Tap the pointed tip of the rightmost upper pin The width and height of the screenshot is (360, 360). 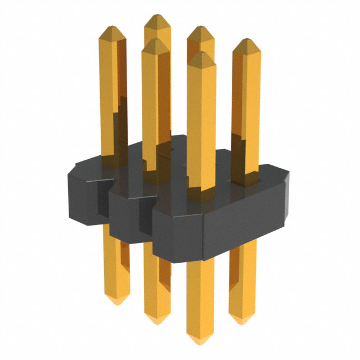click(246, 40)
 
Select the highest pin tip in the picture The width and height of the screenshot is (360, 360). click(156, 16)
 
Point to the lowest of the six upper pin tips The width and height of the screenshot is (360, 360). click(201, 53)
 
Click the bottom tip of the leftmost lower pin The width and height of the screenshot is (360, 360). click(117, 304)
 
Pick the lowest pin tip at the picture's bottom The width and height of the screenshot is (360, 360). click(200, 343)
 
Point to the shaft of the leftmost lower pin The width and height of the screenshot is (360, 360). click(116, 264)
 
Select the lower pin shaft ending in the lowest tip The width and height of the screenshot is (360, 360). click(200, 298)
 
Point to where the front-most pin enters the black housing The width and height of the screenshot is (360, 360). click(201, 194)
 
